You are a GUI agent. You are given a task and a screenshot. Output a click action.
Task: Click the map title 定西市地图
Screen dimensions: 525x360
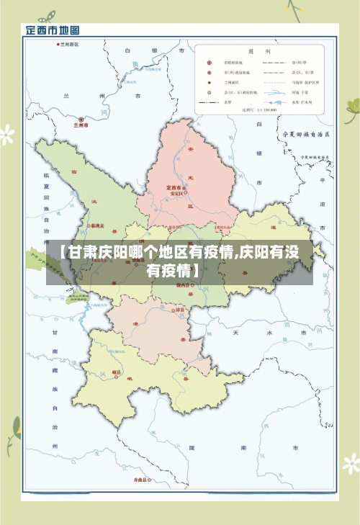coord(53,30)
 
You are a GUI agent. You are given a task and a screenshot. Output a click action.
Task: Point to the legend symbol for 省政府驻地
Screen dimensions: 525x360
coord(210,63)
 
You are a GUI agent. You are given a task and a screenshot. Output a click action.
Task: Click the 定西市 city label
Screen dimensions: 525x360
coord(176,187)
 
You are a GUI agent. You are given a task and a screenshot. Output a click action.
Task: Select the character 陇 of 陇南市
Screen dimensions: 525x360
coord(192,447)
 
